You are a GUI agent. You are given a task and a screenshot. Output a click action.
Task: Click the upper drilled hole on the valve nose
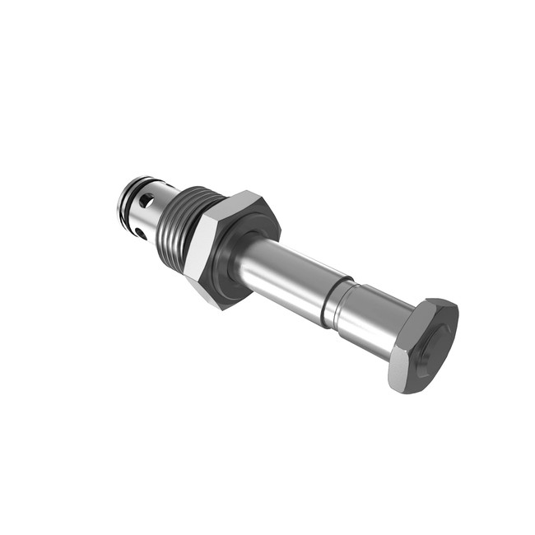click(147, 200)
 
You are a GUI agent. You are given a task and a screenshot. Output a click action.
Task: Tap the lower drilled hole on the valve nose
click(142, 234)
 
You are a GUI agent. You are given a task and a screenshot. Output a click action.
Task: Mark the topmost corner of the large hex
click(251, 191)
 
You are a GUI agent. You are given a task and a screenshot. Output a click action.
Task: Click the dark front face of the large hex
click(247, 247)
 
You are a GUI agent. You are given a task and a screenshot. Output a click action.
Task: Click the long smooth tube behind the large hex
click(288, 277)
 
